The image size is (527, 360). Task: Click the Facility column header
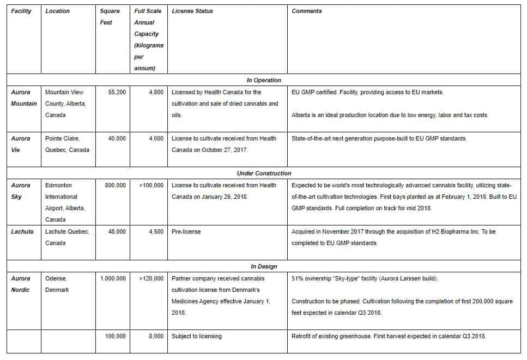[21, 11]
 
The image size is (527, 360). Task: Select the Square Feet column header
[110, 16]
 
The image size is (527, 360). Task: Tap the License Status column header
[192, 11]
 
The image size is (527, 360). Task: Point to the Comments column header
[307, 11]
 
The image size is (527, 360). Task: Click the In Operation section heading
[264, 80]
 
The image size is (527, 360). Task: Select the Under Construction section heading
[264, 173]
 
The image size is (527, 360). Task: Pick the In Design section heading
[264, 266]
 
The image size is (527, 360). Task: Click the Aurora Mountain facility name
[24, 98]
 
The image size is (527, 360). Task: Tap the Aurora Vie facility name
[21, 144]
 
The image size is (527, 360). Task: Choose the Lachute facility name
[22, 231]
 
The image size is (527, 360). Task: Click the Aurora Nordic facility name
[21, 284]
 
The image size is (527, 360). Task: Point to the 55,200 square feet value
[117, 93]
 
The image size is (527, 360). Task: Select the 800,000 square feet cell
[115, 185]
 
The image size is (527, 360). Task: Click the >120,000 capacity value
[151, 278]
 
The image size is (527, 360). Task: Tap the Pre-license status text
[186, 231]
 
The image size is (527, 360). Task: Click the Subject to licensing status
[197, 336]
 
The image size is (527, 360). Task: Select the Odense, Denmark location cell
[57, 284]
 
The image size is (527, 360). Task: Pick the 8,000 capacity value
[155, 336]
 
